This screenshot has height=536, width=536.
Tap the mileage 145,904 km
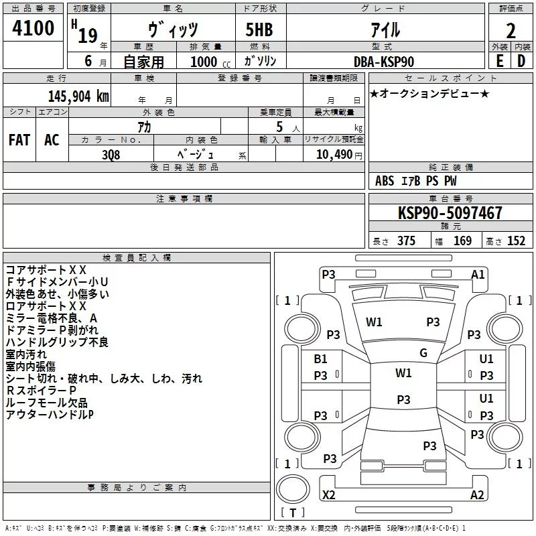point(78,96)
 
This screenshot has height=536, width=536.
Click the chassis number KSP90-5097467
point(450,213)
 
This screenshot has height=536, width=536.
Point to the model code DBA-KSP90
point(384,61)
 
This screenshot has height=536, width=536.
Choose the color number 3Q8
point(111,153)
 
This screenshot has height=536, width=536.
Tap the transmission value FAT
point(19,139)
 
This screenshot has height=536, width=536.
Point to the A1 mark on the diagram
point(478,274)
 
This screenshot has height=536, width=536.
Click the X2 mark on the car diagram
point(329,494)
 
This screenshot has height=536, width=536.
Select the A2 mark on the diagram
point(477,494)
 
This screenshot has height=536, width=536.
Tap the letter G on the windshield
point(423,353)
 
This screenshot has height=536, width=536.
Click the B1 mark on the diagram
point(321,359)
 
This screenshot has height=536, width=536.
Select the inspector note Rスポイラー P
point(41,391)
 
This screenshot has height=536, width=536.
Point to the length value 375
point(405,241)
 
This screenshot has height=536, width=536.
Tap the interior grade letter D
point(521,61)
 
